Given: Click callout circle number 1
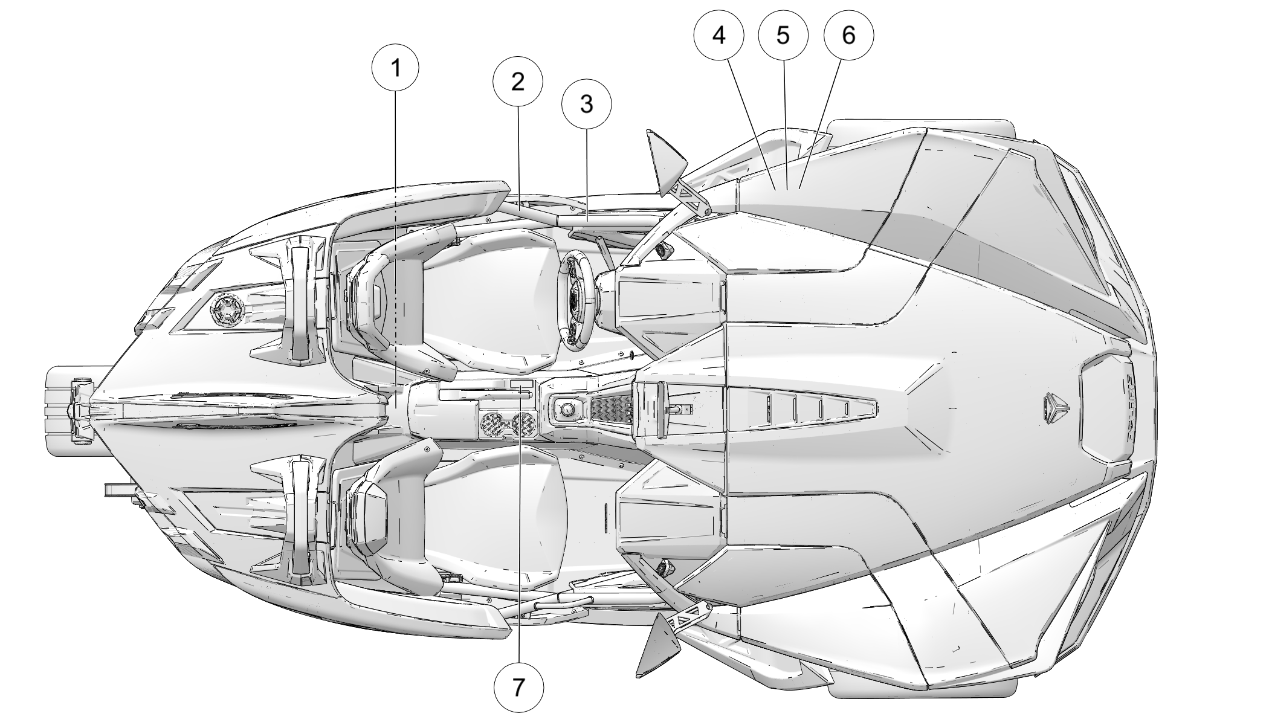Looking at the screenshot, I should (x=396, y=68).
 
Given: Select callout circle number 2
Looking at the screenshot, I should (x=518, y=82).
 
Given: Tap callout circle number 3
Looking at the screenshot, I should (x=586, y=105).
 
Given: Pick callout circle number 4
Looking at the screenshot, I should (x=718, y=35).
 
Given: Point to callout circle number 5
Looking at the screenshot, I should (x=783, y=35).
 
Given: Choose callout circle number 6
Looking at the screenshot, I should (x=848, y=35).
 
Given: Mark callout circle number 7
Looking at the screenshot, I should (x=518, y=687).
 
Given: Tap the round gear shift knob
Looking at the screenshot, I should (x=567, y=410).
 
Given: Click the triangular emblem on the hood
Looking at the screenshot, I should (x=1054, y=407).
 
